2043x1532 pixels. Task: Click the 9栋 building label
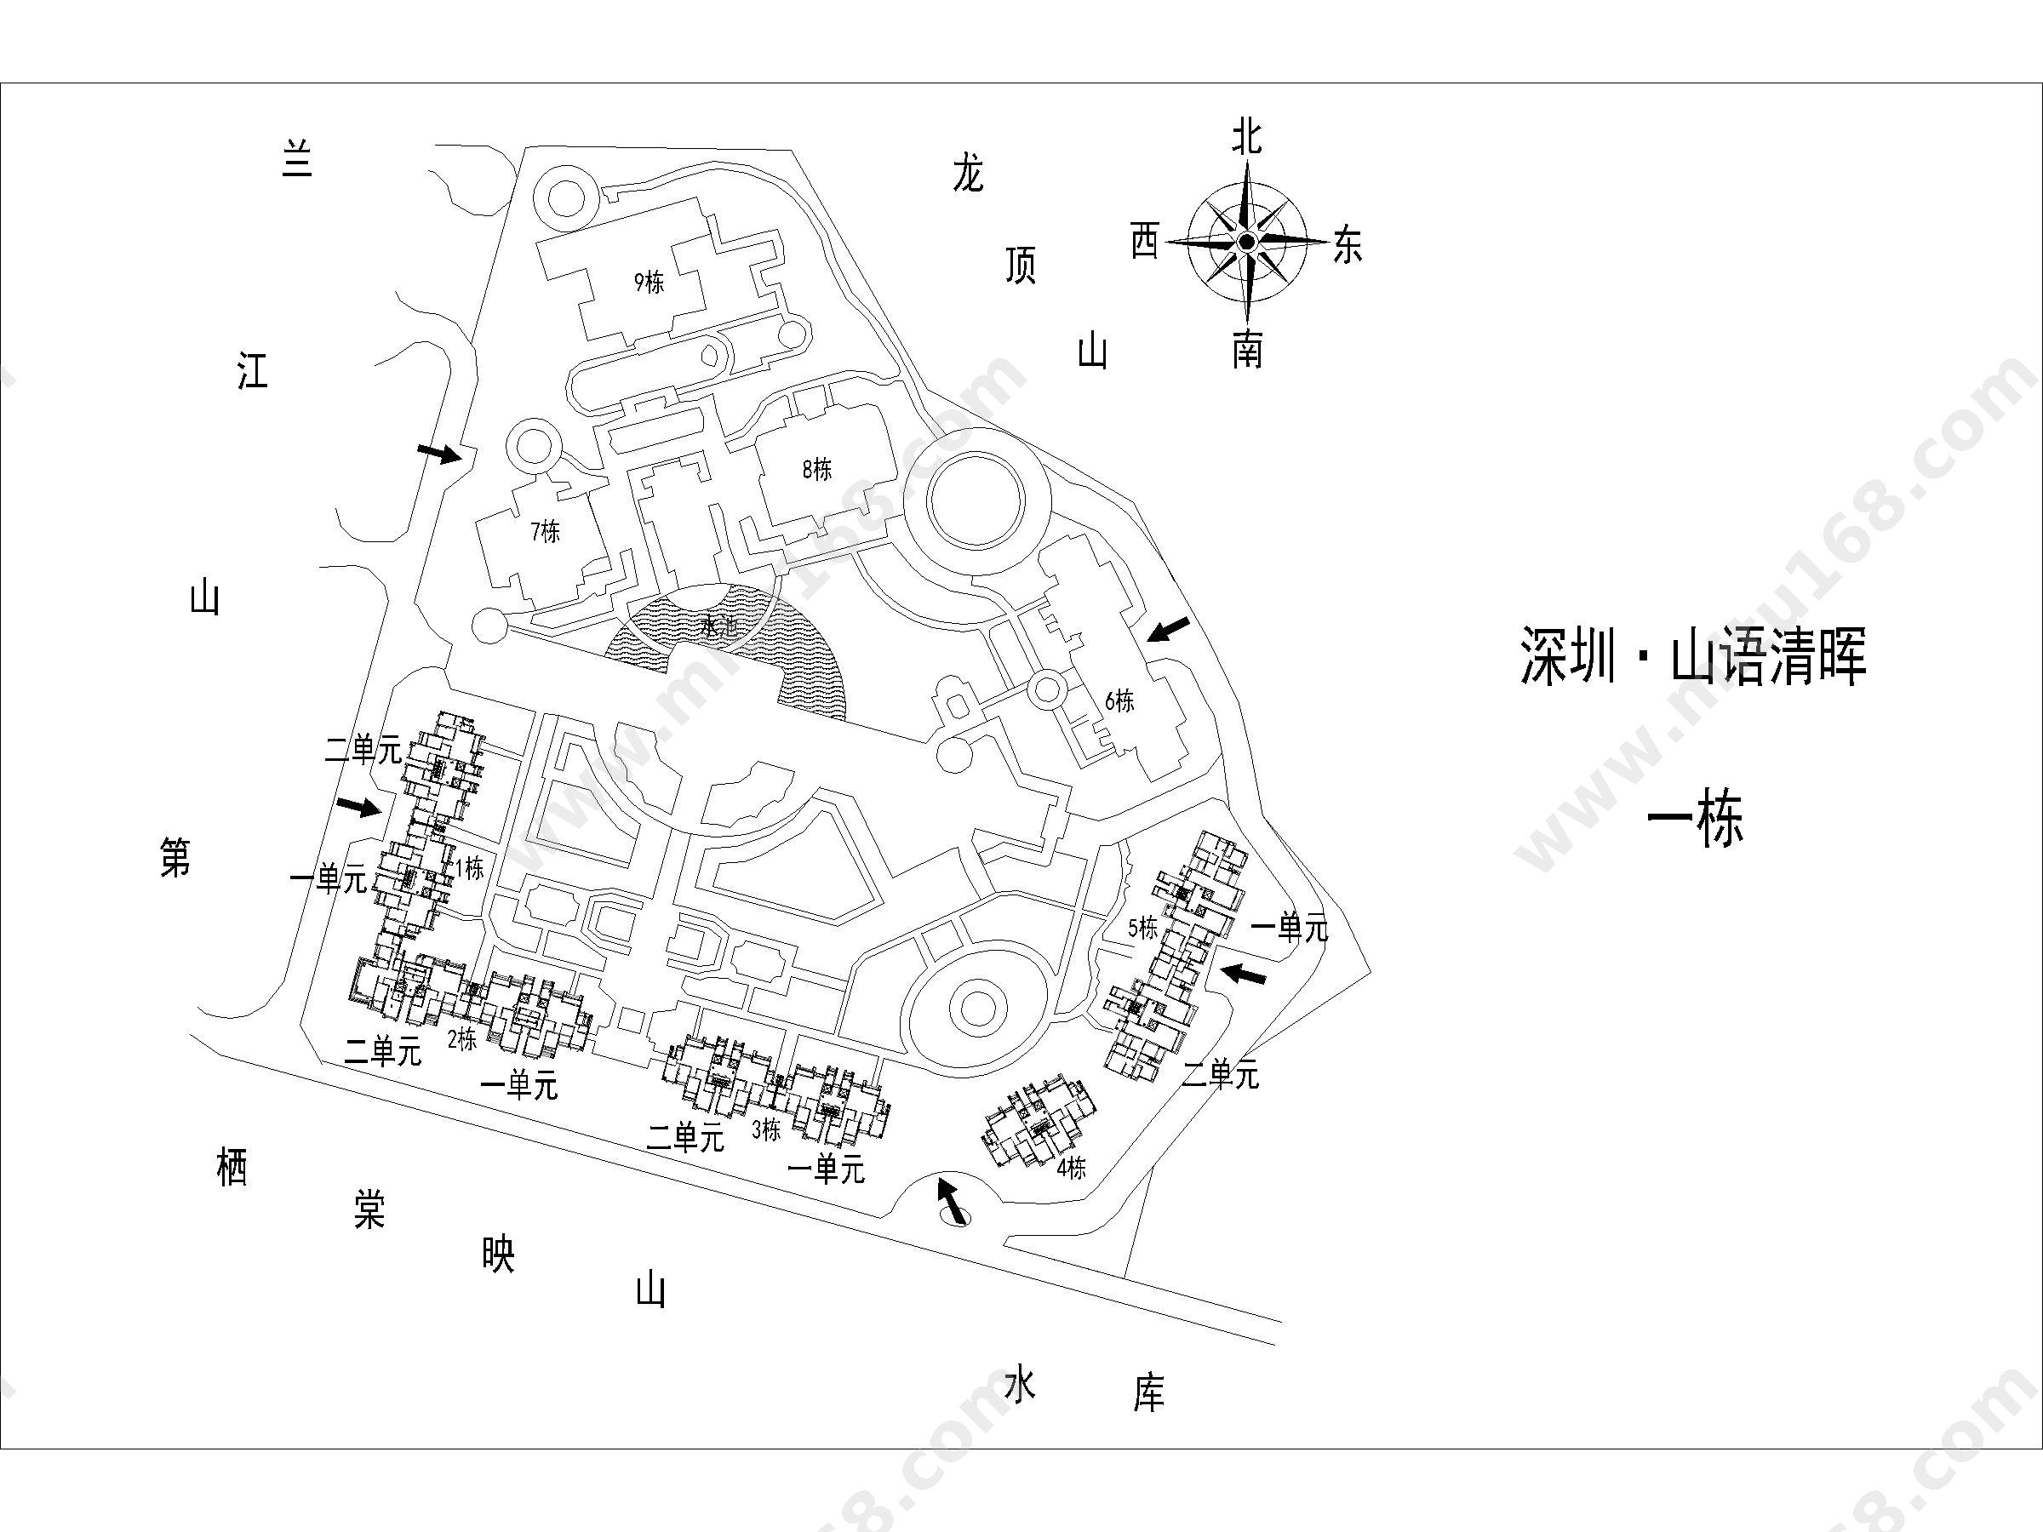pos(649,282)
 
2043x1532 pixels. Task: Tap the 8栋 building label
pos(816,469)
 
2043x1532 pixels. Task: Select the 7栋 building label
pos(545,532)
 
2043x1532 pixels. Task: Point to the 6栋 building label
pos(1119,700)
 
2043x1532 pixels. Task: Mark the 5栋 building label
pos(1142,927)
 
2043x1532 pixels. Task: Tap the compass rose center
pos(1247,242)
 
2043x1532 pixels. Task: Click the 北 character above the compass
pos(1247,139)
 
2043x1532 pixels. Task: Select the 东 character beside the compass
pos(1348,246)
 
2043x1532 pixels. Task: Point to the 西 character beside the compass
pos(1144,242)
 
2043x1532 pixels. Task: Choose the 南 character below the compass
pos(1247,351)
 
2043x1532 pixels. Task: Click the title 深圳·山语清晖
pos(1693,658)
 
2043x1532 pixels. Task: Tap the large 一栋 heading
pos(1696,820)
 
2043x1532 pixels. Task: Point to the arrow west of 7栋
pos(438,453)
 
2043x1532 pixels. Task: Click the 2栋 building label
pos(461,1040)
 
